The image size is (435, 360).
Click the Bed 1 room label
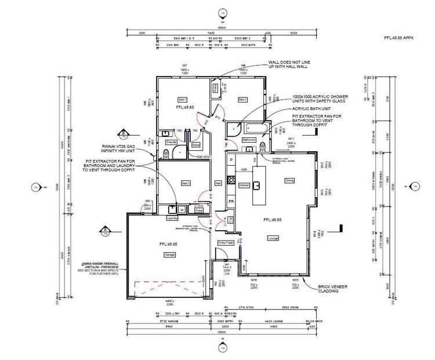181,100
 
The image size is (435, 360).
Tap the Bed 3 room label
186,183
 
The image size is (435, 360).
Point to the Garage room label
170,254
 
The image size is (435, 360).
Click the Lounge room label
273,238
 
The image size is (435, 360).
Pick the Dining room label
289,181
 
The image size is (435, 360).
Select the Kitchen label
244,185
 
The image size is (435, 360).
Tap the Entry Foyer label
225,243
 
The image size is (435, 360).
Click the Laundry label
171,219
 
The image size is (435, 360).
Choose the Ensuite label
171,141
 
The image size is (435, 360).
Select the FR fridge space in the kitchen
231,201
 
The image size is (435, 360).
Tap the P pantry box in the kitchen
231,159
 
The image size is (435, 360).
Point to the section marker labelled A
105,230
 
